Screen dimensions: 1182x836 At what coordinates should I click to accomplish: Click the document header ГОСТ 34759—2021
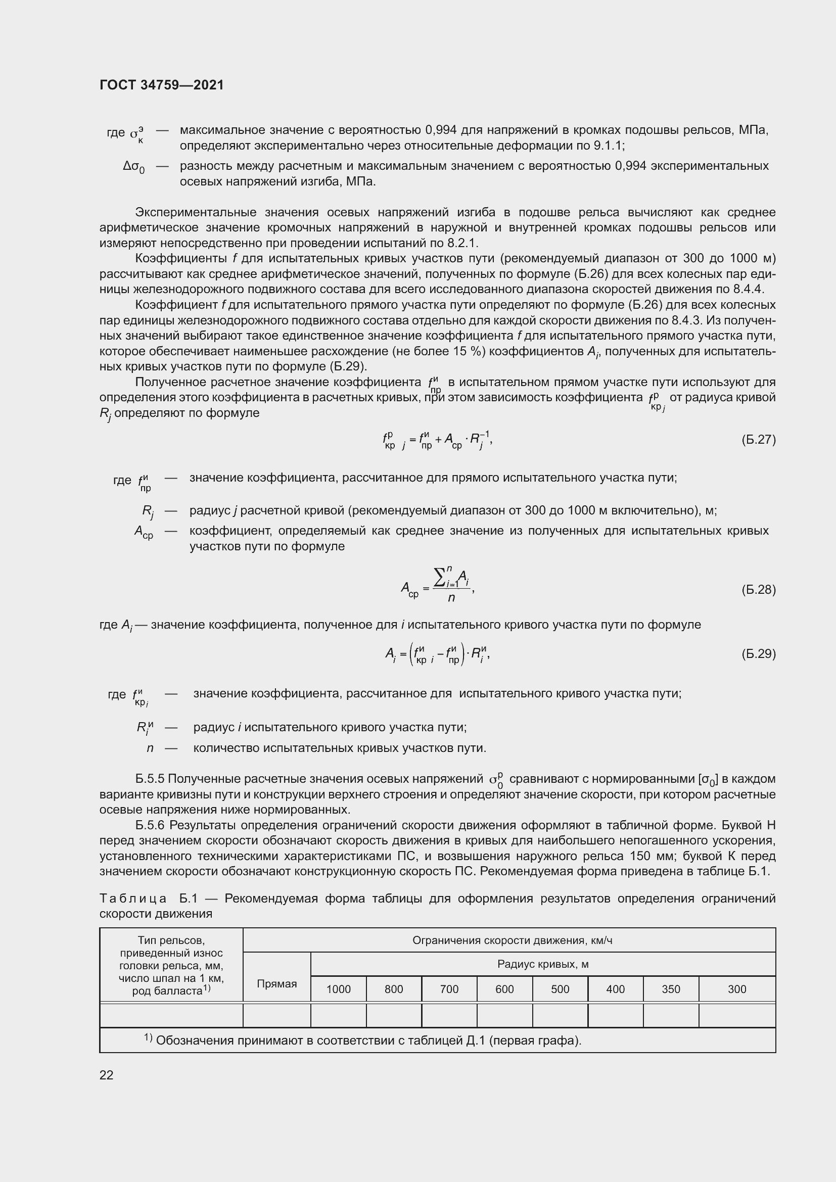(x=162, y=85)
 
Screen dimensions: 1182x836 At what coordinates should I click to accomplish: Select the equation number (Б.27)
(x=758, y=439)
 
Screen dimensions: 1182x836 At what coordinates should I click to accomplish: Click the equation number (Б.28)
(x=758, y=589)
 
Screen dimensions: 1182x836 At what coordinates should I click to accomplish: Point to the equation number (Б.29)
(x=758, y=654)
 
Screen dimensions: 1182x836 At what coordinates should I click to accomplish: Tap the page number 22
(x=107, y=1075)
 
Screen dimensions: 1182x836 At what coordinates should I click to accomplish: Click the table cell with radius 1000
(x=338, y=989)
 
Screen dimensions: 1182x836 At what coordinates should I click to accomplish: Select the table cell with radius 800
(x=394, y=989)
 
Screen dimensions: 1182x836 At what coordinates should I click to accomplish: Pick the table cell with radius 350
(x=671, y=989)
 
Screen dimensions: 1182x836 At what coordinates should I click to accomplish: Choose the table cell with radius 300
(x=736, y=989)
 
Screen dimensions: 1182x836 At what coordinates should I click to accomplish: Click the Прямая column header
(x=277, y=984)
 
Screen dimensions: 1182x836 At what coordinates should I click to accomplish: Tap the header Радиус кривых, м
(x=542, y=964)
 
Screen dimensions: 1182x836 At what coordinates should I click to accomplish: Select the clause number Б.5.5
(x=150, y=779)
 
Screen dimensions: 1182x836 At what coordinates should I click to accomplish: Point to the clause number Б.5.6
(x=150, y=825)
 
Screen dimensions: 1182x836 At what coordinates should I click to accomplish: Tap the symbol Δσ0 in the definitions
(x=134, y=167)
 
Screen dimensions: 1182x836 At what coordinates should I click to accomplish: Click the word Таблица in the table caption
(x=132, y=899)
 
